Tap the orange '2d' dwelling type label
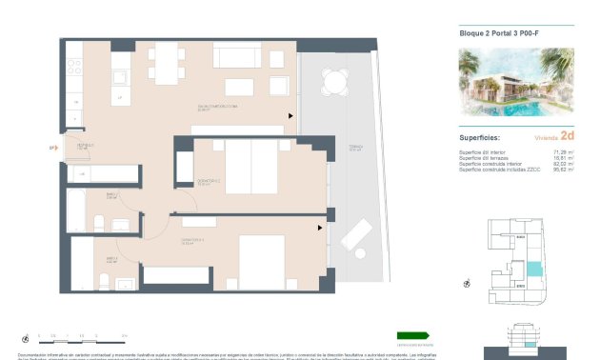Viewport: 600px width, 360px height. [x=568, y=136]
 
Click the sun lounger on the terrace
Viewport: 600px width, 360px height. [x=357, y=233]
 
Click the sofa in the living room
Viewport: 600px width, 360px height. [x=244, y=56]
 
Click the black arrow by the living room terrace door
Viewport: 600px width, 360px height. [x=292, y=115]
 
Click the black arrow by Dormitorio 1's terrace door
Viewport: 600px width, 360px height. [x=321, y=227]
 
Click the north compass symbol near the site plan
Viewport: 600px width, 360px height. [x=468, y=282]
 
